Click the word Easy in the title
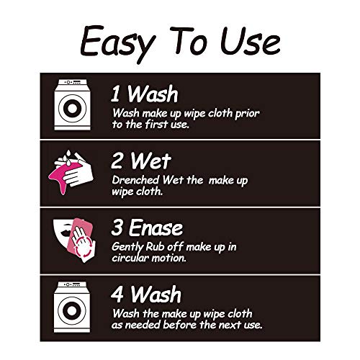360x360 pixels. click(x=117, y=44)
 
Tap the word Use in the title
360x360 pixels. click(x=251, y=41)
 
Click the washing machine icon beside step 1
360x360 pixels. click(x=72, y=105)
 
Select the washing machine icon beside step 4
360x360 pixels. click(x=72, y=307)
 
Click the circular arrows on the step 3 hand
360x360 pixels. click(x=83, y=246)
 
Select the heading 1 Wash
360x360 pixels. click(x=144, y=94)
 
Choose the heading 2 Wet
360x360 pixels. click(x=141, y=161)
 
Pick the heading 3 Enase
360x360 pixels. click(x=147, y=228)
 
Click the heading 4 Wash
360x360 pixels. click(x=146, y=294)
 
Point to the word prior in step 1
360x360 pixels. click(x=247, y=114)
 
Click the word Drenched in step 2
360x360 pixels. click(x=135, y=180)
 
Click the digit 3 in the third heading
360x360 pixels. click(x=117, y=228)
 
